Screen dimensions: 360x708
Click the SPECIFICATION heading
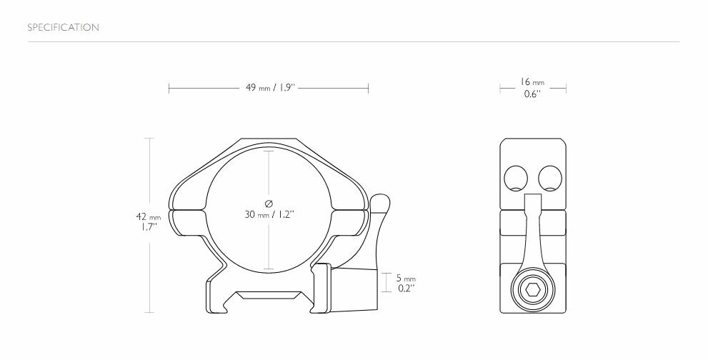pyautogui.click(x=63, y=28)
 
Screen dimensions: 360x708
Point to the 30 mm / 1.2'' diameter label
pyautogui.click(x=269, y=214)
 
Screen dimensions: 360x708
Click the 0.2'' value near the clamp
pyautogui.click(x=407, y=288)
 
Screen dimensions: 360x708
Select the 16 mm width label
pyautogui.click(x=532, y=83)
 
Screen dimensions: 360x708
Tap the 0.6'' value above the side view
pyautogui.click(x=532, y=94)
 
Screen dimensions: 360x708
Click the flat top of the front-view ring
pyautogui.click(x=269, y=140)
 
